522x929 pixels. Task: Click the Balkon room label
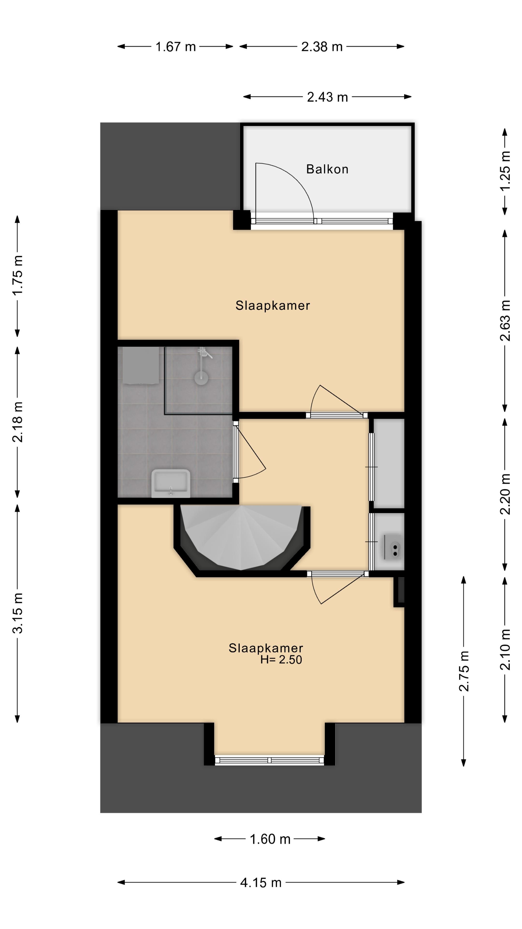pos(327,169)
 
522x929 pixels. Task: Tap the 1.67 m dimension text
pos(175,46)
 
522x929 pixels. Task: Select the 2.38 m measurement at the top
pos(322,46)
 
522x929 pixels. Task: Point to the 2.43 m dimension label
pos(327,97)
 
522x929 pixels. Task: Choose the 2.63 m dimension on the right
pos(506,321)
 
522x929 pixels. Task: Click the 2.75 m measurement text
pos(464,671)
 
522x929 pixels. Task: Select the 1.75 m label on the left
pos(18,275)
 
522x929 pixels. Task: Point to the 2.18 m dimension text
pos(18,422)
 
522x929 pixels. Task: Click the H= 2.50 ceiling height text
pos(281,659)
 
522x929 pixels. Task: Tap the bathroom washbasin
pos(170,483)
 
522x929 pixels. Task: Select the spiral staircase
pos(241,537)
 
